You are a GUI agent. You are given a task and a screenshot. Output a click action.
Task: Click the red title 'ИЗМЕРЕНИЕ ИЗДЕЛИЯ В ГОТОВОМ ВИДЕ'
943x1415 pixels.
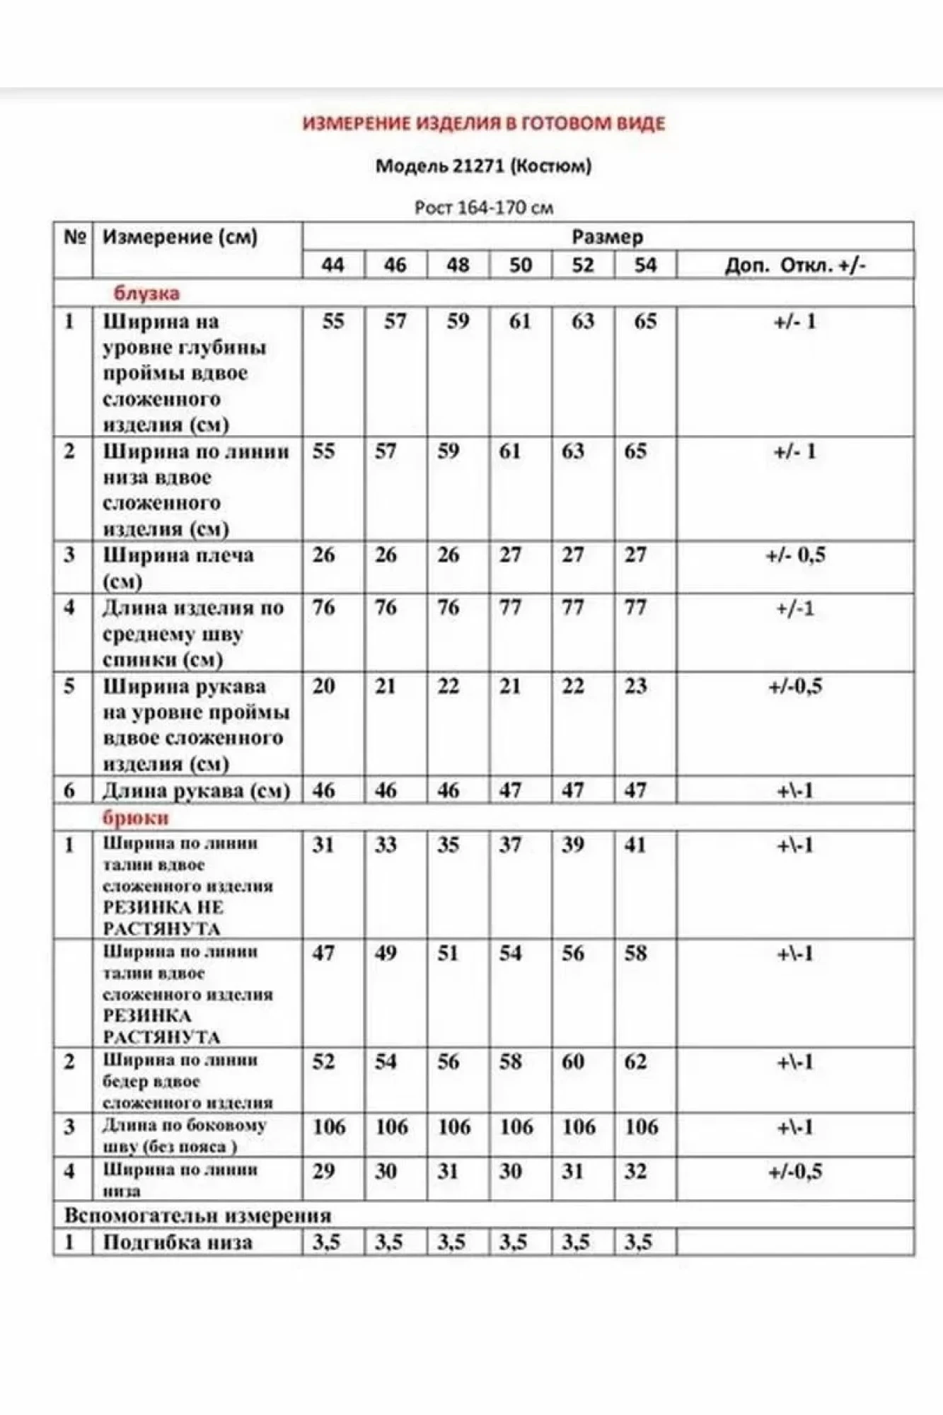pyautogui.click(x=484, y=124)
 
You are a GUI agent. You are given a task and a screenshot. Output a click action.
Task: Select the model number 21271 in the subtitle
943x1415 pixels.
pyautogui.click(x=479, y=166)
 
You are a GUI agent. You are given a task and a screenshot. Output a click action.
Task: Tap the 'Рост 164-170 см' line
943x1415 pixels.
pyautogui.click(x=484, y=208)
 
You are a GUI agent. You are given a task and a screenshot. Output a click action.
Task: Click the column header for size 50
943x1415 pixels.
pyautogui.click(x=520, y=265)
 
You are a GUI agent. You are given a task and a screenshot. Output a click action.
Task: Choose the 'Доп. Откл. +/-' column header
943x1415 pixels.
pyautogui.click(x=795, y=265)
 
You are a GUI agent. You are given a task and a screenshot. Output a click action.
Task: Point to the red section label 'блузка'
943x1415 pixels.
pyautogui.click(x=146, y=293)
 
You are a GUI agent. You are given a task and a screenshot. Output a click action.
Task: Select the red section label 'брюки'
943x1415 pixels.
pyautogui.click(x=136, y=818)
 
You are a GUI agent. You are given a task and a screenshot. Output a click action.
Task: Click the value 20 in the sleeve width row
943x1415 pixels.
pyautogui.click(x=324, y=686)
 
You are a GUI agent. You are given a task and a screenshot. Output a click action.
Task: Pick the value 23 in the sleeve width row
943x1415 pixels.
pyautogui.click(x=635, y=686)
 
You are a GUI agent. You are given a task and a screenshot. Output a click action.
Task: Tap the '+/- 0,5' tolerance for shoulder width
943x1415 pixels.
pyautogui.click(x=795, y=555)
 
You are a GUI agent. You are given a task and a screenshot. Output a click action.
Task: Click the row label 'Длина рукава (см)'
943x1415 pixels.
pyautogui.click(x=196, y=791)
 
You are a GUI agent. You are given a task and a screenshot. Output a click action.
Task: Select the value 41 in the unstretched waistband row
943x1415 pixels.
pyautogui.click(x=635, y=845)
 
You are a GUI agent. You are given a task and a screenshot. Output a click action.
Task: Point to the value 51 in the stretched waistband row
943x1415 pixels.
pyautogui.click(x=449, y=953)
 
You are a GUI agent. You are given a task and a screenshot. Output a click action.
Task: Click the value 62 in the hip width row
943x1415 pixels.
pyautogui.click(x=635, y=1062)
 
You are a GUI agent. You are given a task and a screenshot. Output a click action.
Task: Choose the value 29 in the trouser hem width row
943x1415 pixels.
pyautogui.click(x=324, y=1172)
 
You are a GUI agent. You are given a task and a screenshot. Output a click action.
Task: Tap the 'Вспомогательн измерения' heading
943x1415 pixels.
pyautogui.click(x=197, y=1216)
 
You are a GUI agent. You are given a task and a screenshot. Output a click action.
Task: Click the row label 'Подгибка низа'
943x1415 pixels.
pyautogui.click(x=178, y=1243)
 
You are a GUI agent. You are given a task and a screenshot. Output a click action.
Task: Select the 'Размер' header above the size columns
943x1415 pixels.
pyautogui.click(x=607, y=237)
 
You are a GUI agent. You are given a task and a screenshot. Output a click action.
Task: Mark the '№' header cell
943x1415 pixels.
pyautogui.click(x=74, y=237)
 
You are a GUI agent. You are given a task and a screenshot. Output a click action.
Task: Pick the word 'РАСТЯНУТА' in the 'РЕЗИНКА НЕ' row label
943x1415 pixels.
pyautogui.click(x=162, y=929)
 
